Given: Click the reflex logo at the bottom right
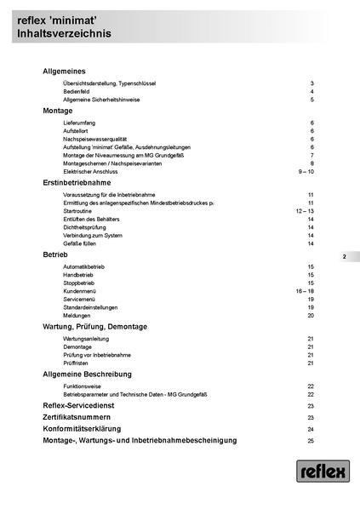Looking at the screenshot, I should tap(323, 472).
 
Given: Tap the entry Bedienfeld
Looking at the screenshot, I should tap(77, 91).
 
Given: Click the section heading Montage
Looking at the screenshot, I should tap(58, 111).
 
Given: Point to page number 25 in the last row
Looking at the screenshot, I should tap(311, 441).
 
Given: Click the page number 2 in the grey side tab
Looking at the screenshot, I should tap(345, 256).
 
